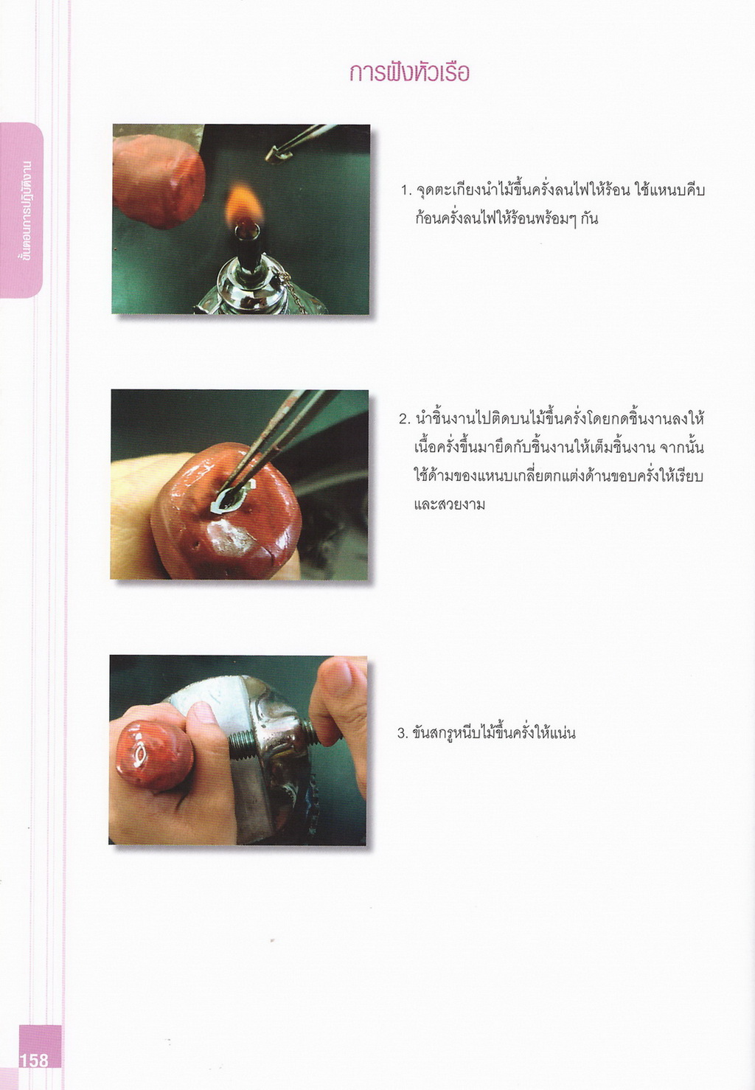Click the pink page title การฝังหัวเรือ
409,73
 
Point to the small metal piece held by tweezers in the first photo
279,154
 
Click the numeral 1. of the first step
406,191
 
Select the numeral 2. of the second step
406,419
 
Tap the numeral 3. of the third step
403,733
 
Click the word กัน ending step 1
588,219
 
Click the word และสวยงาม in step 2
450,504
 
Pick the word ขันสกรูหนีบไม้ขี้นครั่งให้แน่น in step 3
494,732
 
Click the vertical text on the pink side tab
23,209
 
